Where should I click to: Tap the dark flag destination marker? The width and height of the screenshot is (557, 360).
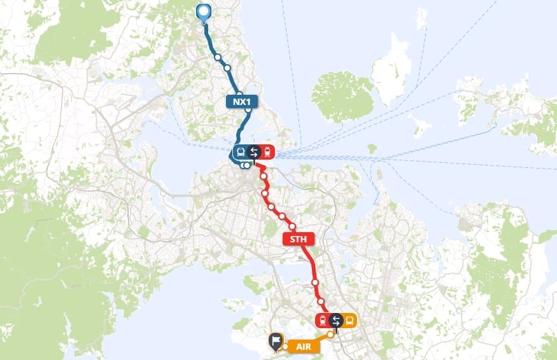point(275,342)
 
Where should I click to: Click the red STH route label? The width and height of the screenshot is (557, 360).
point(295,240)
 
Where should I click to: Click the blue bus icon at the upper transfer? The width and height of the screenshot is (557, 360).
point(241,152)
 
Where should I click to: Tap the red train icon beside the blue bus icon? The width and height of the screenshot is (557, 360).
point(268,152)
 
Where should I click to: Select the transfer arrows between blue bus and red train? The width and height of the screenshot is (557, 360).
point(254,152)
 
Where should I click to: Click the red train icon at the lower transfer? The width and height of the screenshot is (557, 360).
point(323,321)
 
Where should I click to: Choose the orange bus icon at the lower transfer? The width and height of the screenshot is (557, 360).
point(349,321)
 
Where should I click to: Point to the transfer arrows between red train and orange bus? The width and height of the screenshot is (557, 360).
point(336,321)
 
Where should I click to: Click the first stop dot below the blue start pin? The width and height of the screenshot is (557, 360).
point(218,57)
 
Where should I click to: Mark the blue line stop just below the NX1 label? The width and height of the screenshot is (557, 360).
point(248,111)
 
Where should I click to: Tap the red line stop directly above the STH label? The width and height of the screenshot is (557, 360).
point(292,227)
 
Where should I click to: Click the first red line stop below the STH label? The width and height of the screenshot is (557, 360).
point(314,282)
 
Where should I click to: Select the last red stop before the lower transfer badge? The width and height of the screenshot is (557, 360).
point(321,301)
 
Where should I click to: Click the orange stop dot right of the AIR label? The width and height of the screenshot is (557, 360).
point(330,333)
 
